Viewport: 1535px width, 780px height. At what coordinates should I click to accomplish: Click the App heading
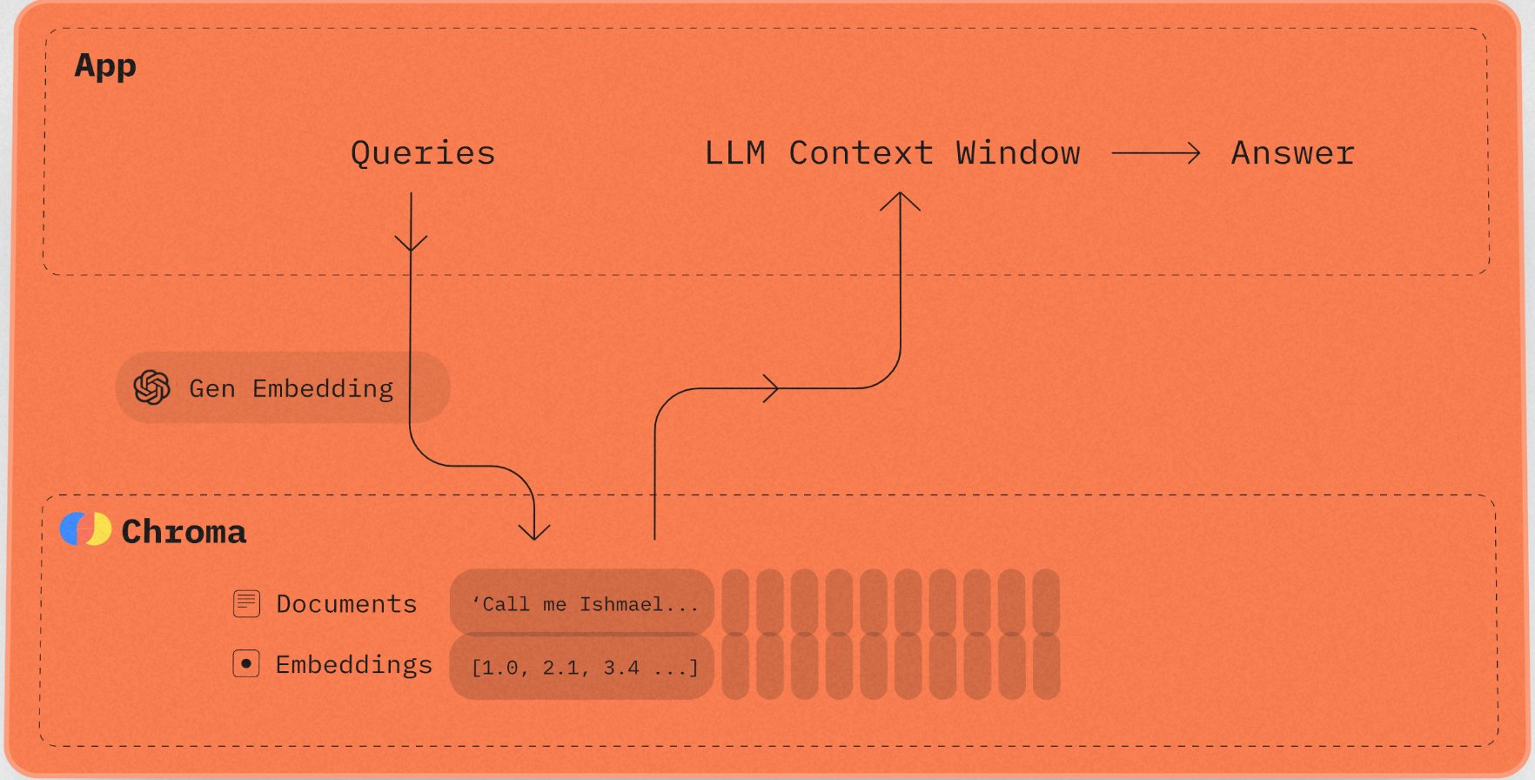pos(105,66)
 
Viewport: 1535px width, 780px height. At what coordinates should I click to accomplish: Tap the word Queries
pos(423,153)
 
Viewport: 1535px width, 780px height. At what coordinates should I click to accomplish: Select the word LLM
pos(735,153)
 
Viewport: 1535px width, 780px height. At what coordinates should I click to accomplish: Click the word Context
pos(861,153)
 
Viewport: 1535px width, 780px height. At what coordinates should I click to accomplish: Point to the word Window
pos(1018,153)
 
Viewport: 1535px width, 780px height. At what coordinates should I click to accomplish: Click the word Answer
pos(1293,153)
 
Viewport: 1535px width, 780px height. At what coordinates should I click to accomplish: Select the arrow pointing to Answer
pos(1156,154)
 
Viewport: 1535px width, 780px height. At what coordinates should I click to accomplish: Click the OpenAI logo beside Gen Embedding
pos(152,387)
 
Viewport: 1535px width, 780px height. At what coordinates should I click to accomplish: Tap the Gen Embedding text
pos(292,388)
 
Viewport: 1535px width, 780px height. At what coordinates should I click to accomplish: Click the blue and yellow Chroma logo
pos(85,528)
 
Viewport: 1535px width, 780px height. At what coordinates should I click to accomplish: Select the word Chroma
pos(184,531)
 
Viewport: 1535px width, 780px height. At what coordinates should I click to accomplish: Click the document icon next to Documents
pos(247,603)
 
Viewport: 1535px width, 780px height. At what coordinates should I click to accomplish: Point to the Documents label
pos(346,604)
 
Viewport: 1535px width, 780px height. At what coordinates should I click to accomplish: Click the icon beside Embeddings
pos(246,664)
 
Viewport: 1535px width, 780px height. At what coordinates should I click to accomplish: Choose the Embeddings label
pos(354,665)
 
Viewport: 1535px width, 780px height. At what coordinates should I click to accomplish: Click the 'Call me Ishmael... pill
pos(582,602)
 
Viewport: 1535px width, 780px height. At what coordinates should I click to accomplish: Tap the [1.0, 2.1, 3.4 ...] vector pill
pos(582,667)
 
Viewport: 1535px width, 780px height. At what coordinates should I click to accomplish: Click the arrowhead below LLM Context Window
pos(900,202)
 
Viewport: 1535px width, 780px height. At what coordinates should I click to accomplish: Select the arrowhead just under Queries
pos(411,242)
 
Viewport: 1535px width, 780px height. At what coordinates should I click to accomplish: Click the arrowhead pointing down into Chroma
pos(534,529)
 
